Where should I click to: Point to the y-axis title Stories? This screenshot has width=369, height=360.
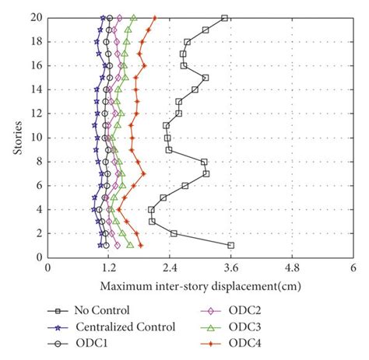point(18,137)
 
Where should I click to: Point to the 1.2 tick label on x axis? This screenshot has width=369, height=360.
point(108,267)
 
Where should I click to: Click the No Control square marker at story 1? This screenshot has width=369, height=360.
point(230,246)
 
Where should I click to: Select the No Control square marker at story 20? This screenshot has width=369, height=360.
point(225,18)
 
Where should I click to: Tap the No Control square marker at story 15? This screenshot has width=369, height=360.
point(206,78)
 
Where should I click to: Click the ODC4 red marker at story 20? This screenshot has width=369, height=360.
point(154,18)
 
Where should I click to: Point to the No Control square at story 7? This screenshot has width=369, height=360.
point(206,173)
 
